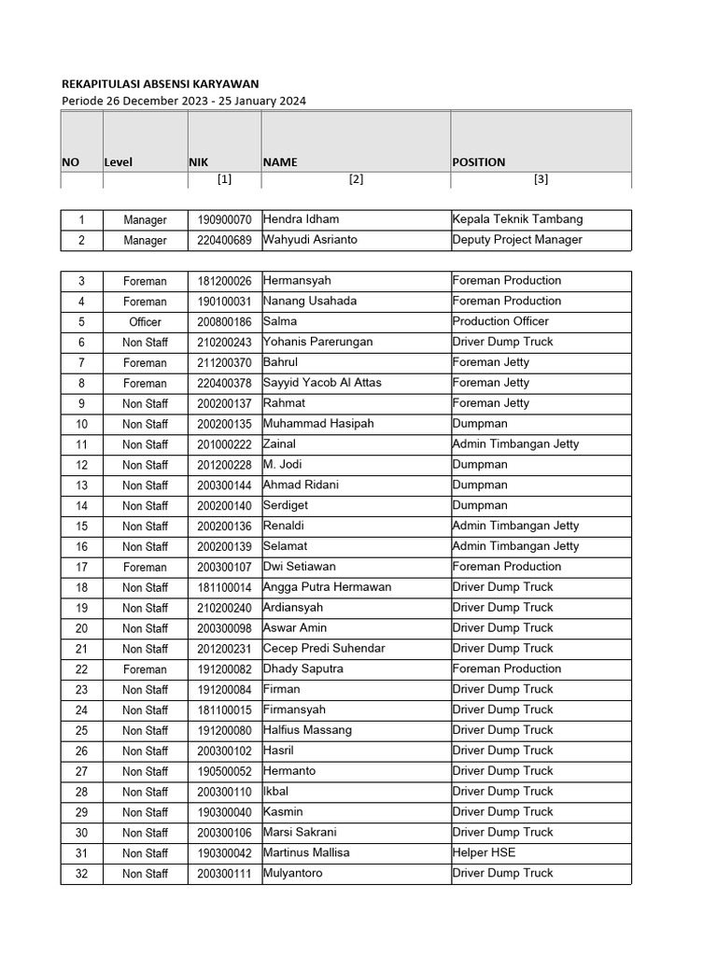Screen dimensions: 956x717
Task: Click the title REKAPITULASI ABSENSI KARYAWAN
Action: point(160,83)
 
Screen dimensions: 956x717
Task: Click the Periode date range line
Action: point(183,100)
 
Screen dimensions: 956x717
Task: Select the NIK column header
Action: point(198,162)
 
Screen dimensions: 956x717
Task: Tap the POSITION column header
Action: point(478,162)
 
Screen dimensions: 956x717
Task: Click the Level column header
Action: point(118,162)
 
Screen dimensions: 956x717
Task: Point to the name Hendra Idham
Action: point(301,219)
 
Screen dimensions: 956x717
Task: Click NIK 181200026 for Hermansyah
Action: point(224,281)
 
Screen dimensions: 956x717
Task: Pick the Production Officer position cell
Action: point(500,321)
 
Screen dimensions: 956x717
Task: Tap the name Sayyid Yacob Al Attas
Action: point(322,383)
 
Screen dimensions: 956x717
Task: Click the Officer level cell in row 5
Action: point(145,322)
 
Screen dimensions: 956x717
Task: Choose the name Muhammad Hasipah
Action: point(318,424)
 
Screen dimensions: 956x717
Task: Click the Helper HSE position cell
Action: point(484,852)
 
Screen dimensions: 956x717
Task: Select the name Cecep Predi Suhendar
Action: point(324,648)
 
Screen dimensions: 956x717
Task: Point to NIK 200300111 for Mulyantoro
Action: point(224,874)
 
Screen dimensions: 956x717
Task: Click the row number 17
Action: point(81,567)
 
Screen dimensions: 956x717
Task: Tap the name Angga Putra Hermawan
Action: point(327,587)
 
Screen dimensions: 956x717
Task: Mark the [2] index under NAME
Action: point(356,180)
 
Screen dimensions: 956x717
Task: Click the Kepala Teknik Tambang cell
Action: point(517,219)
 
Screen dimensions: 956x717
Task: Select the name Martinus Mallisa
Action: point(307,852)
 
